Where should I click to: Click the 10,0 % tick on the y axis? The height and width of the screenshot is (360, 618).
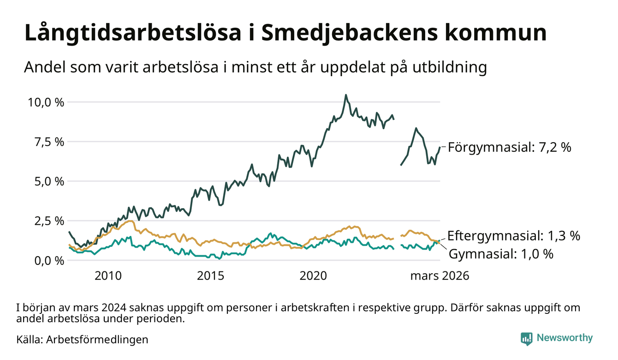tap(46, 102)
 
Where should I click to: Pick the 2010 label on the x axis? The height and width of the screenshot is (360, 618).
tap(108, 276)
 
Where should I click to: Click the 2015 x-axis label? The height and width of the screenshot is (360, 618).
tap(211, 276)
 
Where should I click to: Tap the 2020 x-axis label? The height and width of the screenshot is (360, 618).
tap(313, 276)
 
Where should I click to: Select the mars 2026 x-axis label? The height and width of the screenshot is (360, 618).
tap(440, 276)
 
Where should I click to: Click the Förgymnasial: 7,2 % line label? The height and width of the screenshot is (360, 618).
tap(509, 148)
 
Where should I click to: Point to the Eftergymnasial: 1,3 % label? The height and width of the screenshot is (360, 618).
tap(513, 236)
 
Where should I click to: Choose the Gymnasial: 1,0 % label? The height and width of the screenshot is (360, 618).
tap(501, 253)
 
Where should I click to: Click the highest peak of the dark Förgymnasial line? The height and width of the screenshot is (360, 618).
tap(345, 95)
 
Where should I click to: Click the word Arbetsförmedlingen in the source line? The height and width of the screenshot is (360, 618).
tap(97, 340)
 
